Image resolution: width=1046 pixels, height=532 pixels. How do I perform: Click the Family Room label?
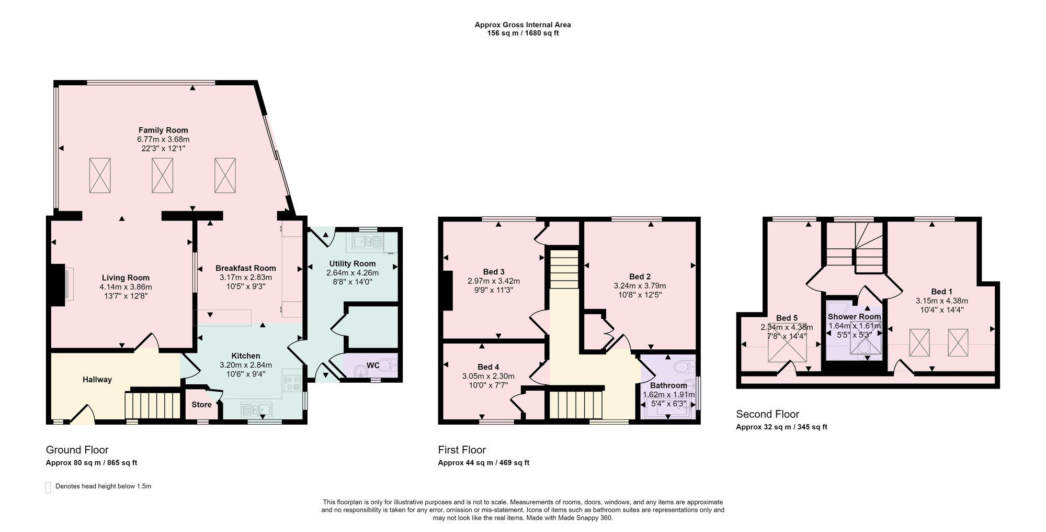[163, 130]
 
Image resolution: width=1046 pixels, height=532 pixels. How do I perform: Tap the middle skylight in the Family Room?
[162, 175]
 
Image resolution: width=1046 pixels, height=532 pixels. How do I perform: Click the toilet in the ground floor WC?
[386, 365]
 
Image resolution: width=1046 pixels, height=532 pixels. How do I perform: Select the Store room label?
[201, 404]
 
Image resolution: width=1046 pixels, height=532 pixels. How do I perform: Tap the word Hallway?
[97, 380]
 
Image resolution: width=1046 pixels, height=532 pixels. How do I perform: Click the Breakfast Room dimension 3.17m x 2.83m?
[246, 278]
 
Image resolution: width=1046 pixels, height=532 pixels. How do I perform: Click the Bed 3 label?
[494, 272]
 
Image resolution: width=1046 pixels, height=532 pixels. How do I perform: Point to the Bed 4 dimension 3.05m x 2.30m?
[488, 376]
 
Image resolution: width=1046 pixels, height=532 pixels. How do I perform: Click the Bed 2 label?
[640, 276]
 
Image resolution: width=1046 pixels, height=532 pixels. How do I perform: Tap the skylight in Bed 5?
[787, 343]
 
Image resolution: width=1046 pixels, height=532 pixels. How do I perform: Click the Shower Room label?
[854, 317]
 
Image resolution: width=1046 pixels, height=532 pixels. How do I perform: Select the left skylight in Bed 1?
[919, 343]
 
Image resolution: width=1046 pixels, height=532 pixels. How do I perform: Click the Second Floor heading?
[767, 414]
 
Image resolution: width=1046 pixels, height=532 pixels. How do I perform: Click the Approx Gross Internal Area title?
[522, 25]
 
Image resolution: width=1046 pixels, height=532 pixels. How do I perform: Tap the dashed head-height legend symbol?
[48, 487]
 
